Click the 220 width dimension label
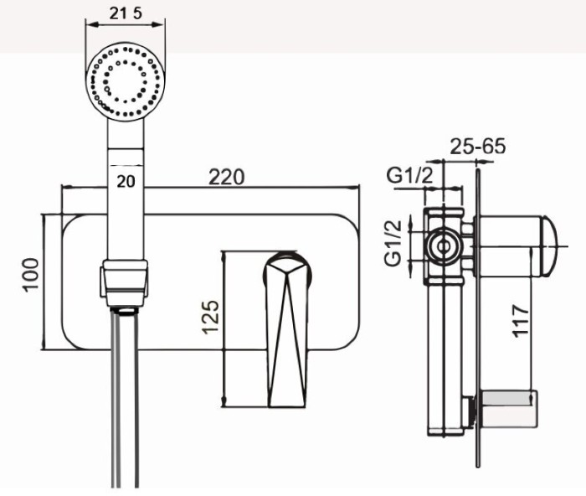pyautogui.click(x=227, y=177)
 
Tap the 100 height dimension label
pyautogui.click(x=31, y=275)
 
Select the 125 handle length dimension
pyautogui.click(x=210, y=317)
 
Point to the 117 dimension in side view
pyautogui.click(x=521, y=321)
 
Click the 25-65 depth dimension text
pyautogui.click(x=477, y=146)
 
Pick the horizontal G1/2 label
pyautogui.click(x=409, y=175)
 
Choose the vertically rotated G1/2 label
pyautogui.click(x=393, y=244)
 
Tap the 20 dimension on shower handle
pyautogui.click(x=126, y=182)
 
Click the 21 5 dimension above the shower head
pyautogui.click(x=126, y=14)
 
